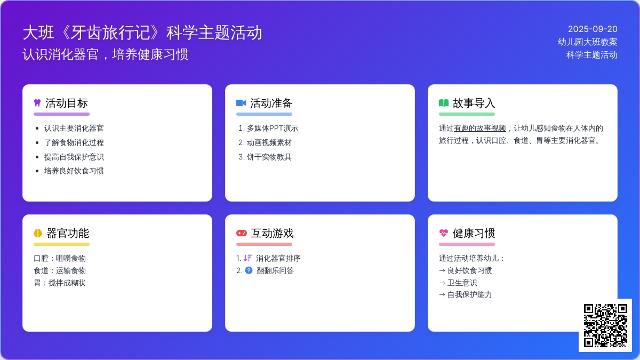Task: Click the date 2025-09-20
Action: [593, 29]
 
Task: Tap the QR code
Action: [605, 325]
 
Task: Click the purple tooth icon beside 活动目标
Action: [37, 103]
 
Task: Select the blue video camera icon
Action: [241, 103]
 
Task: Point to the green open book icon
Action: [443, 103]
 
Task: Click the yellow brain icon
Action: [38, 233]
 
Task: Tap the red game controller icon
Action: [242, 233]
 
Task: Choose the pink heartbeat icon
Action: [443, 233]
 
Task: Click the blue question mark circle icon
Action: [249, 270]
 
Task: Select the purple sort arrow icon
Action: [247, 258]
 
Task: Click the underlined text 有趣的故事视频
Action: [480, 129]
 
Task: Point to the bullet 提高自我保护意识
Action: [74, 157]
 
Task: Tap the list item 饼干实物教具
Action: [269, 157]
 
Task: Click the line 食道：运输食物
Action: [60, 270]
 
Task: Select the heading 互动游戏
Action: [273, 233]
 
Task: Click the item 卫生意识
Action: [462, 283]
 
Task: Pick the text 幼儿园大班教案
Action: [587, 42]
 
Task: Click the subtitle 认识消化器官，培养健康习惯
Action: [106, 54]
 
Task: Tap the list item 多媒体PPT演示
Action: [273, 129]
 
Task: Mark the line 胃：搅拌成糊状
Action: [60, 283]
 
